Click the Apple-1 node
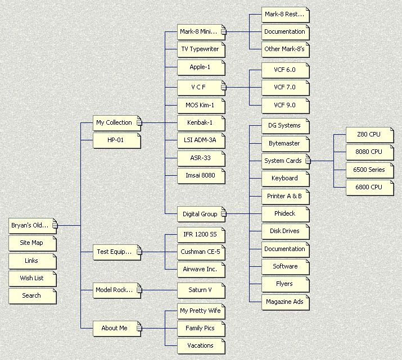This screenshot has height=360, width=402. click(201, 67)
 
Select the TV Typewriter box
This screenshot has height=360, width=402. click(201, 49)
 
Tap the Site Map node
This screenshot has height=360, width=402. click(32, 243)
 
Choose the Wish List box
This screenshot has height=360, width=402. click(32, 278)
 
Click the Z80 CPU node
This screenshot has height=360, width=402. click(369, 135)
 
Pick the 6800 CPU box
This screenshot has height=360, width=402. click(369, 187)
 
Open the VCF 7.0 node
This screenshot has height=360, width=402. click(284, 88)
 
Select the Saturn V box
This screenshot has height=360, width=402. click(201, 290)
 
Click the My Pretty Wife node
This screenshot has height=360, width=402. click(201, 311)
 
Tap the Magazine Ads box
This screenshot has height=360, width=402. click(284, 302)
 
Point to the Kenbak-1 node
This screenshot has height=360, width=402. click(201, 122)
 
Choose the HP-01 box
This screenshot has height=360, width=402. click(116, 140)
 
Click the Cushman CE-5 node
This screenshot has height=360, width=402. click(201, 252)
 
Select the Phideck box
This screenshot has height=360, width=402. click(284, 213)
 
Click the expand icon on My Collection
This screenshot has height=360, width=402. click(139, 122)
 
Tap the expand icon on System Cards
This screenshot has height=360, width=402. click(308, 161)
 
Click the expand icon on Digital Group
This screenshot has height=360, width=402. click(223, 214)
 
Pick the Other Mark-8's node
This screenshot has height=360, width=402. click(284, 49)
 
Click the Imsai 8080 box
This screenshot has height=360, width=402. click(201, 176)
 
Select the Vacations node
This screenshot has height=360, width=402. click(201, 345)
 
